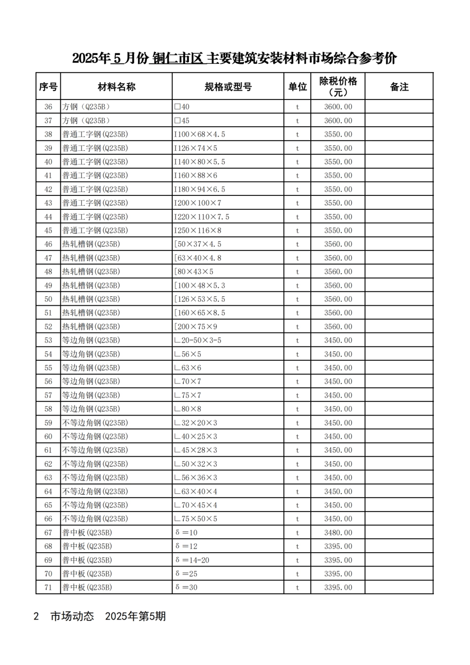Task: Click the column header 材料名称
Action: [x=116, y=87]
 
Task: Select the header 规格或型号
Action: [x=228, y=87]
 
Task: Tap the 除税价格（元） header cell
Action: [x=338, y=87]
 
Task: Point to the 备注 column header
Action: [x=399, y=87]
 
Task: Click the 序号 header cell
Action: [x=48, y=87]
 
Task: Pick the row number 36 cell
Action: [x=48, y=107]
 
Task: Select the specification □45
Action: [x=182, y=121]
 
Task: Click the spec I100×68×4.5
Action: [x=199, y=135]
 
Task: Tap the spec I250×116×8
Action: [x=197, y=231]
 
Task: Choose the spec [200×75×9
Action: [x=195, y=327]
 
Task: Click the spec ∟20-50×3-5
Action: [x=197, y=340]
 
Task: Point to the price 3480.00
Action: [x=338, y=533]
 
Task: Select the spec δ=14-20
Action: [x=192, y=560]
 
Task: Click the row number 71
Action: [x=48, y=588]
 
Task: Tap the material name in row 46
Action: [x=91, y=244]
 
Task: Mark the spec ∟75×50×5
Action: [x=195, y=519]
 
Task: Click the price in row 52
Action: [x=338, y=327]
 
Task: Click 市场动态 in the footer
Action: [x=72, y=617]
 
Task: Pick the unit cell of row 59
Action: [x=297, y=423]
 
